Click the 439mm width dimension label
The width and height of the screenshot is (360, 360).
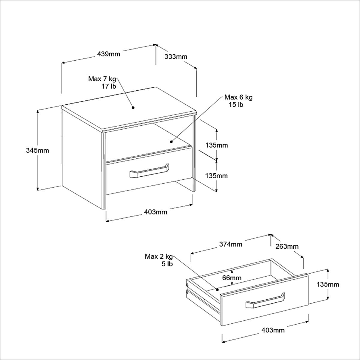[109, 54]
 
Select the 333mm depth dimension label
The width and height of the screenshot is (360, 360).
[176, 56]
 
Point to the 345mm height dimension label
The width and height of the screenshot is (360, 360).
[37, 150]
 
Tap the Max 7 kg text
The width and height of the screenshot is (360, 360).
[102, 79]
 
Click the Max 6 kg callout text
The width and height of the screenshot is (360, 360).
[238, 97]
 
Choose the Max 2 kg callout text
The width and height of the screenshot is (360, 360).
[159, 256]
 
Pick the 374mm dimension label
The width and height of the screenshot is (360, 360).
[230, 244]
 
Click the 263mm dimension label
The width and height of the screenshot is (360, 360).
[287, 247]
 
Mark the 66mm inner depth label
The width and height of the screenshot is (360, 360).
[232, 277]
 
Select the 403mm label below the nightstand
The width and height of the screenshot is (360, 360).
[156, 212]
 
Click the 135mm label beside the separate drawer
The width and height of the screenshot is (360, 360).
[328, 284]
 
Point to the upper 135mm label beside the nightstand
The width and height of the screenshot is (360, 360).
[217, 145]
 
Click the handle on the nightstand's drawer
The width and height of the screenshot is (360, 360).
[149, 172]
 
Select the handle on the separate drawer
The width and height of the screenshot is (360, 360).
[265, 301]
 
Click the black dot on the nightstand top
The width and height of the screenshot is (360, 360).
[133, 107]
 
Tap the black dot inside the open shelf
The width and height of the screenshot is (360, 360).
[171, 142]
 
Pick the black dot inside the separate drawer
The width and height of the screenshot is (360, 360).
[217, 290]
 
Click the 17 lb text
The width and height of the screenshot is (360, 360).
[109, 86]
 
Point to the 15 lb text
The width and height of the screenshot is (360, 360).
[236, 105]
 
